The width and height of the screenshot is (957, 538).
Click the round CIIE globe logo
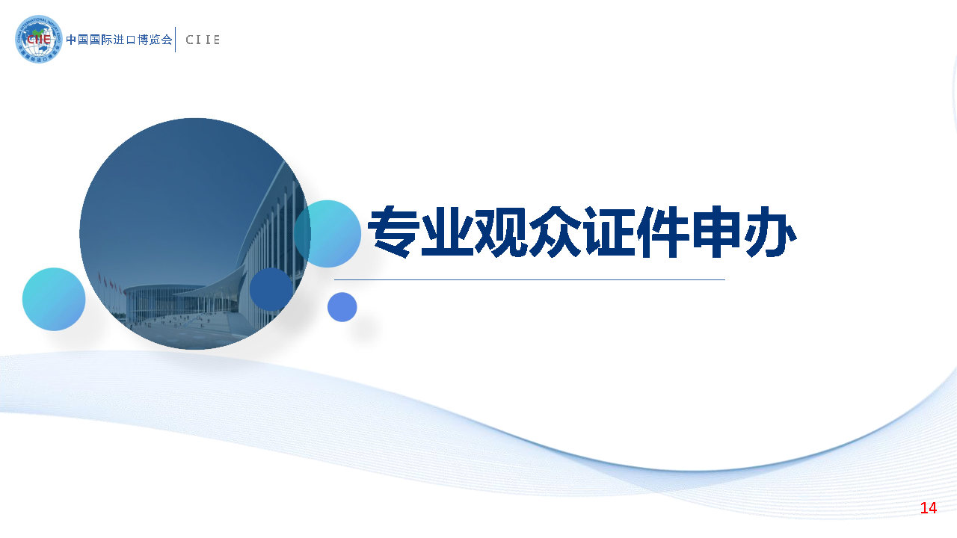(x=38, y=40)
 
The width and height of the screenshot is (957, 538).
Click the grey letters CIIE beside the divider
(x=203, y=40)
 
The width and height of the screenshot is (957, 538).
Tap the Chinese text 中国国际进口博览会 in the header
(x=119, y=40)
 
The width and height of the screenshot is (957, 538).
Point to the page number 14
(x=928, y=507)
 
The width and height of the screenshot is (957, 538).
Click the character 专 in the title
(x=393, y=232)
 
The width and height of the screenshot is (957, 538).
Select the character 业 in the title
(x=447, y=232)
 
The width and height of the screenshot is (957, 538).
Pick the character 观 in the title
(x=501, y=232)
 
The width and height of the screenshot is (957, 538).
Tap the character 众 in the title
(x=555, y=232)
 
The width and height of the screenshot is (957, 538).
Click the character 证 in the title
(x=609, y=232)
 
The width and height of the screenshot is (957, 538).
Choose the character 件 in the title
(x=662, y=232)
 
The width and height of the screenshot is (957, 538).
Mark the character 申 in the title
(x=716, y=232)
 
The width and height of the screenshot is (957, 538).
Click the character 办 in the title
(x=770, y=232)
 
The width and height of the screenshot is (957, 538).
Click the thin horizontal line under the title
(x=529, y=279)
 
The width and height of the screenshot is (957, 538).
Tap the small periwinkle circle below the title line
(x=342, y=307)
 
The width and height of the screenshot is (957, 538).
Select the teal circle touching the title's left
(x=327, y=234)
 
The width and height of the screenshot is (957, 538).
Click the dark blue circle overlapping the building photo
(x=271, y=289)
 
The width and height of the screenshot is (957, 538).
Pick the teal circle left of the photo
(x=54, y=300)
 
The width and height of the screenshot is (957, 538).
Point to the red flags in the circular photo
(x=111, y=282)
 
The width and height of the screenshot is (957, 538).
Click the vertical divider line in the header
(x=176, y=40)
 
